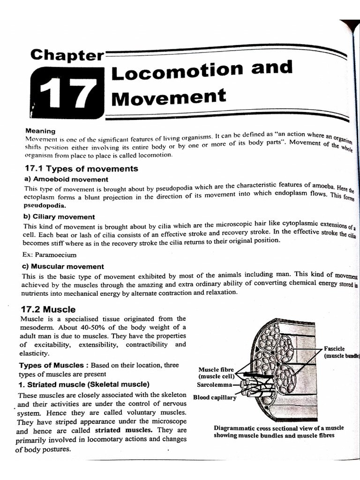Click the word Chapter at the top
point(67,55)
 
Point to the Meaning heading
point(40,131)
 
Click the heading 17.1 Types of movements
point(81,168)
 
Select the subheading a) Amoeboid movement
point(66,179)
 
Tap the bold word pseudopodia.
point(45,205)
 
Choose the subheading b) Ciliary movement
point(59,217)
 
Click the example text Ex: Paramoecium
point(50,255)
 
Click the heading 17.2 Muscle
point(49,309)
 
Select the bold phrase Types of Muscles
point(52,365)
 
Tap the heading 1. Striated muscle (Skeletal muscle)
point(84,384)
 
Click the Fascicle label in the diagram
point(334,349)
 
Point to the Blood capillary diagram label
point(215,398)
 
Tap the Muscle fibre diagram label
point(216,369)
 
